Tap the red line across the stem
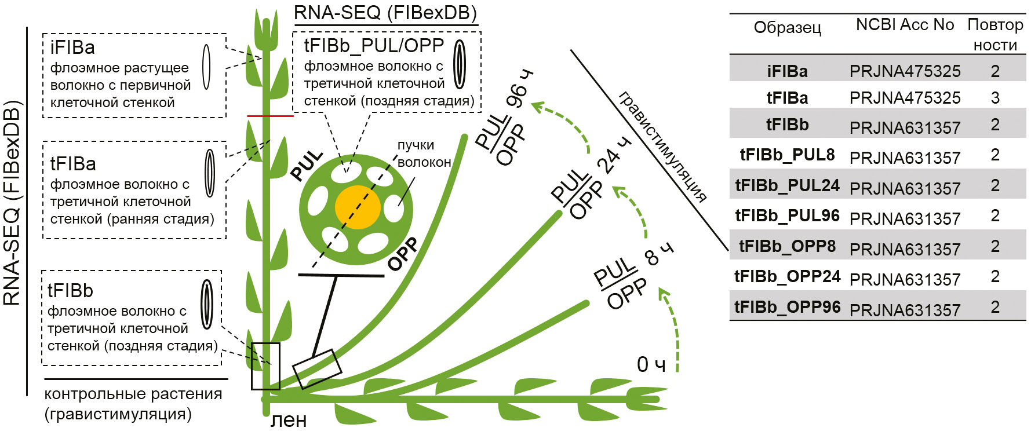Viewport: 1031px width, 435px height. pyautogui.click(x=270, y=116)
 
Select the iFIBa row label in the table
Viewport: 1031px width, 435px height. pyautogui.click(x=787, y=71)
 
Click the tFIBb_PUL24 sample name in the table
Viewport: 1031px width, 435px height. pyautogui.click(x=787, y=185)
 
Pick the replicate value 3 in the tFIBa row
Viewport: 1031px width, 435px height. pyautogui.click(x=995, y=98)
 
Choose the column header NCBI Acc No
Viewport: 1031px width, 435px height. pyautogui.click(x=905, y=25)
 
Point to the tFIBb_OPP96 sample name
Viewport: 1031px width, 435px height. pyautogui.click(x=787, y=307)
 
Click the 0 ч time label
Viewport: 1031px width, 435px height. pyautogui.click(x=651, y=364)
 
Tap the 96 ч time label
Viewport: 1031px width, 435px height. pyautogui.click(x=519, y=89)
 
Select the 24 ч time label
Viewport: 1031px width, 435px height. pyautogui.click(x=613, y=155)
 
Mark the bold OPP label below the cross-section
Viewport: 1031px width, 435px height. pyautogui.click(x=403, y=254)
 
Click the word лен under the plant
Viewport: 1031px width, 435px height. pyautogui.click(x=289, y=420)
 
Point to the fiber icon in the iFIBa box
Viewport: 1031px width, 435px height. pyautogui.click(x=206, y=67)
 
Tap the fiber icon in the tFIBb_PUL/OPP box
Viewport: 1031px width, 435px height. pyautogui.click(x=460, y=64)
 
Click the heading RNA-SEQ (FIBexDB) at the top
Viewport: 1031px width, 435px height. pyautogui.click(x=385, y=13)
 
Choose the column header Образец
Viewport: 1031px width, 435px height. pyautogui.click(x=787, y=28)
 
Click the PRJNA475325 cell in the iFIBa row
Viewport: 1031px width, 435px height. pyautogui.click(x=905, y=71)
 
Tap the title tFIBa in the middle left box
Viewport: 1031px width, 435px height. pyautogui.click(x=73, y=164)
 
